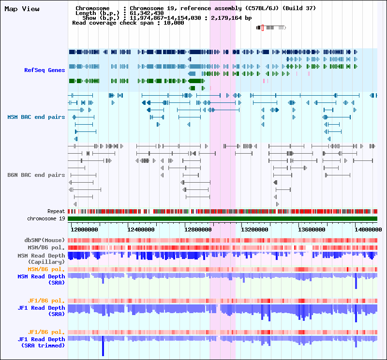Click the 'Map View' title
pos(22,9)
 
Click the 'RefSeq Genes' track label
pos(45,70)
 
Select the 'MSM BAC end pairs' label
pos(36,117)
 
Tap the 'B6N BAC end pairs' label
pos(36,175)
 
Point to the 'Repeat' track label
pos(56,211)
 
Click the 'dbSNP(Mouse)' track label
pos(45,240)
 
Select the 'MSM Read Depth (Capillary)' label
pos(41,259)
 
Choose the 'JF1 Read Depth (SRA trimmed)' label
pos(41,342)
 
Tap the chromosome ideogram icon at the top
pos(271,28)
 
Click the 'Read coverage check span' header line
pos(128,23)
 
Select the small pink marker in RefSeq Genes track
pos(264,81)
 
